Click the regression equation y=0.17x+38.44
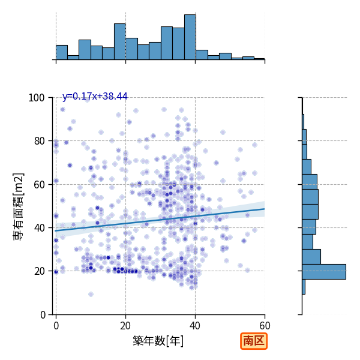[x=95, y=96]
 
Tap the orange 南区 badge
[x=254, y=341]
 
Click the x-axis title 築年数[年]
[x=158, y=341]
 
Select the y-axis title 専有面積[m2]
[x=19, y=206]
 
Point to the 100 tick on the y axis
[x=36, y=98]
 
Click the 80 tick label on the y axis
[x=39, y=141]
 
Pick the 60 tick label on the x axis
[x=265, y=326]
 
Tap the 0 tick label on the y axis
[x=43, y=315]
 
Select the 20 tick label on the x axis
[x=125, y=326]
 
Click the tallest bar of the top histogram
[x=190, y=37]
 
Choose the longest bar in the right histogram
[x=324, y=272]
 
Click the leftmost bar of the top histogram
[x=62, y=53]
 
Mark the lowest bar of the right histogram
[x=304, y=287]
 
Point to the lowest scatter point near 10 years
[x=91, y=295]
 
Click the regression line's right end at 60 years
[x=265, y=209]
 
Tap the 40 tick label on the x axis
[x=195, y=326]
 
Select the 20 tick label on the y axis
[x=39, y=271]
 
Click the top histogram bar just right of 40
[x=202, y=55]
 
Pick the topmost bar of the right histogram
[x=303, y=122]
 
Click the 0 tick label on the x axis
[x=56, y=326]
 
